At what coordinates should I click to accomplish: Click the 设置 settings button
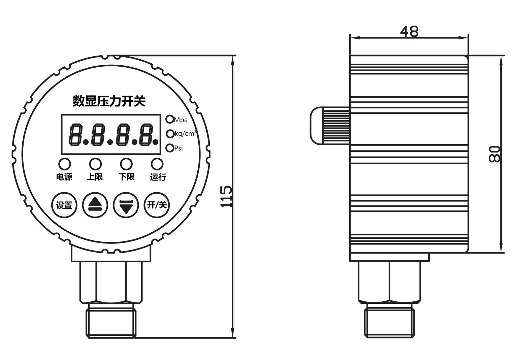[x=64, y=205]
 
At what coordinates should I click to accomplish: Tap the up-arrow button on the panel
[x=95, y=205]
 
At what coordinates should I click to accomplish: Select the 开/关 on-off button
[x=157, y=205]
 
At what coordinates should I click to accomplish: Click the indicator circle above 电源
[x=64, y=164]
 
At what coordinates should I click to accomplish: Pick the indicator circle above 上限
[x=95, y=164]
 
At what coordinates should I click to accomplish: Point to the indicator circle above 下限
[x=126, y=164]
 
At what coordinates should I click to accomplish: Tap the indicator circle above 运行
[x=157, y=164]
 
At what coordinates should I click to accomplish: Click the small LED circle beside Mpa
[x=170, y=119]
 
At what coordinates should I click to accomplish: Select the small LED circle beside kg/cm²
[x=170, y=134]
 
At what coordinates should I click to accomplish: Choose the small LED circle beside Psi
[x=170, y=148]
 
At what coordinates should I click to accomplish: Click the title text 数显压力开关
[x=109, y=101]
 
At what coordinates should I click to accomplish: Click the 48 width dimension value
[x=409, y=32]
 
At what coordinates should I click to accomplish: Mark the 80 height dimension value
[x=494, y=154]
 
